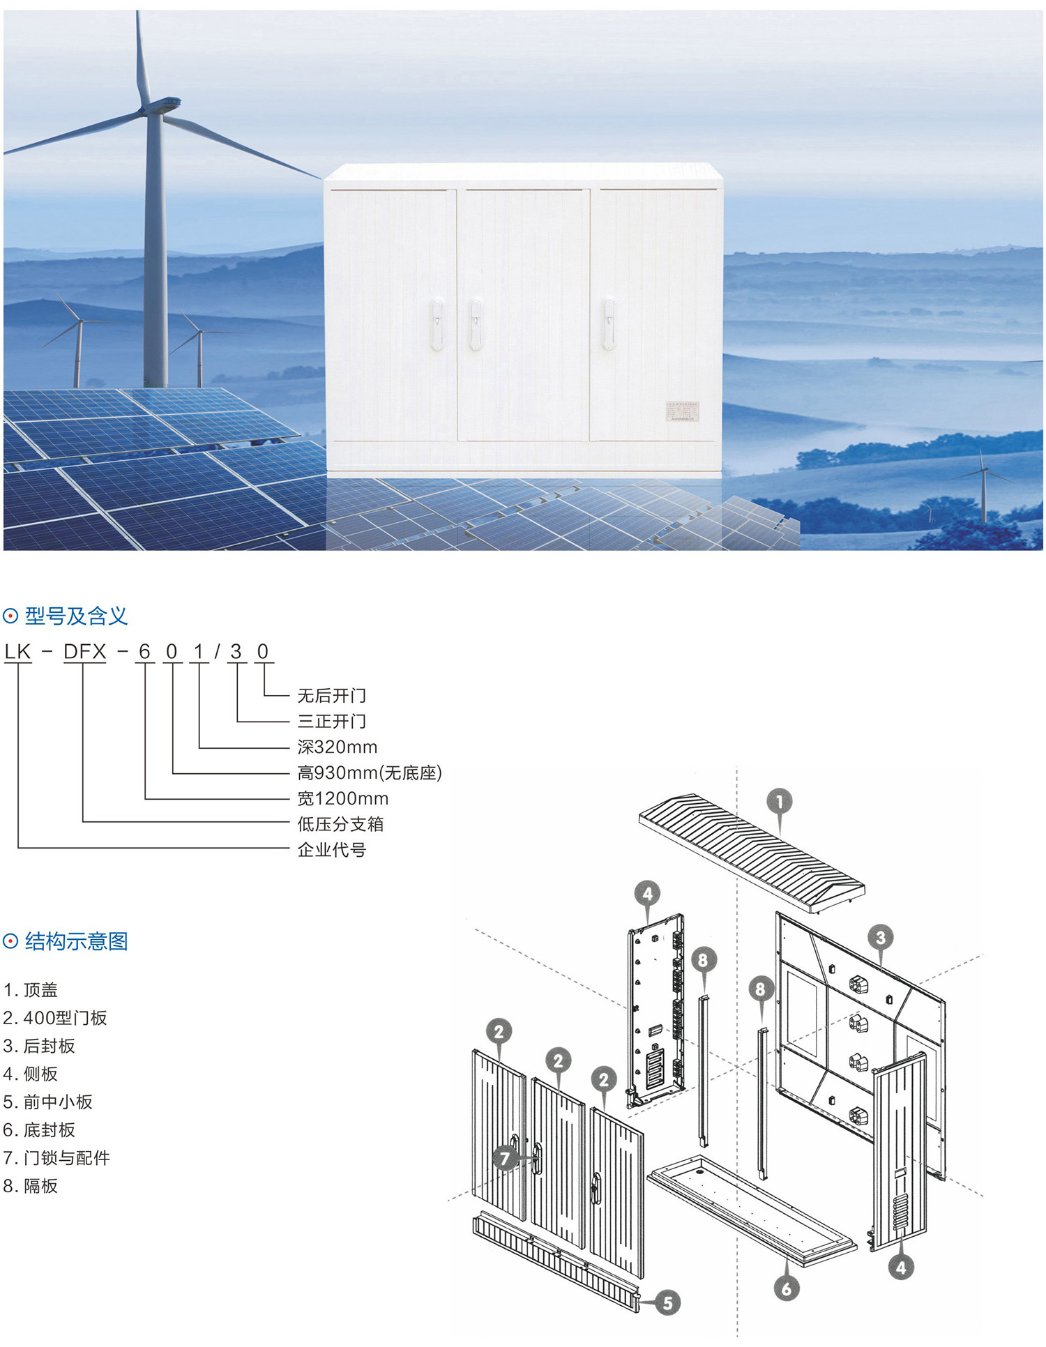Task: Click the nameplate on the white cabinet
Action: click(x=682, y=411)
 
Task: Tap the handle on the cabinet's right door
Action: click(x=609, y=324)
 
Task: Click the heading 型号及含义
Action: click(x=76, y=616)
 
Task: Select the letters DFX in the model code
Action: click(x=84, y=652)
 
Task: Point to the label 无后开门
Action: click(x=331, y=696)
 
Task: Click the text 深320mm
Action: click(x=338, y=747)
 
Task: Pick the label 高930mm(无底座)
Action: click(x=370, y=773)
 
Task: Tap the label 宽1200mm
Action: click(x=343, y=799)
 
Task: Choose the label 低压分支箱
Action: click(x=340, y=824)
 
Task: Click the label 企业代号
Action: click(x=331, y=850)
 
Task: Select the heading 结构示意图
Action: click(x=76, y=942)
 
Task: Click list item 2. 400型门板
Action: click(x=56, y=1018)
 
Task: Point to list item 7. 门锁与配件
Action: click(x=57, y=1158)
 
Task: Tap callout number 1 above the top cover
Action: click(x=780, y=802)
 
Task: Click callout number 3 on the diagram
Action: click(x=881, y=938)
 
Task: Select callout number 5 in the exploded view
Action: click(x=667, y=1303)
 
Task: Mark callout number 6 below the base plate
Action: click(x=787, y=1288)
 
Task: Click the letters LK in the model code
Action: click(x=17, y=652)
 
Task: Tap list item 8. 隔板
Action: click(x=31, y=1186)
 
